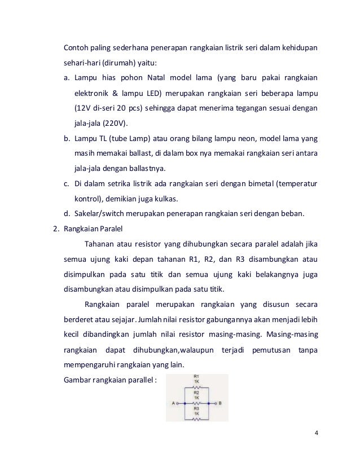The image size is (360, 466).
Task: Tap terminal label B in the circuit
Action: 219,403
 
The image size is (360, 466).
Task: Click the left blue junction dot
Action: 184,403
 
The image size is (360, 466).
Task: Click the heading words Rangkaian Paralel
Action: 89,230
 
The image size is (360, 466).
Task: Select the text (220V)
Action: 116,122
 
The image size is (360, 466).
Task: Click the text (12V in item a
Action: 83,107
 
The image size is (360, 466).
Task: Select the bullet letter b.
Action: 65,138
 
